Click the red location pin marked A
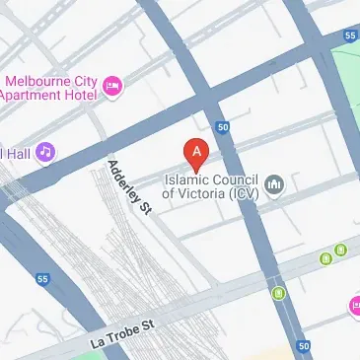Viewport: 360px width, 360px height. point(197,153)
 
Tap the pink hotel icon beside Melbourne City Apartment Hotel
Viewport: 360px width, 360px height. point(113,87)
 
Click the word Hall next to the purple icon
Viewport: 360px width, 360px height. point(17,153)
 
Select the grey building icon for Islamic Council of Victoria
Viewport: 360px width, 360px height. point(275,184)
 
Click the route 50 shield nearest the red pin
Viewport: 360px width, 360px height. point(224,127)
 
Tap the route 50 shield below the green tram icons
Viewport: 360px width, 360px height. point(303,346)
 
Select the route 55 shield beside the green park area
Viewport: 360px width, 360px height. point(351,36)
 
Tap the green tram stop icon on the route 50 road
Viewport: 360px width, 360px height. point(279,293)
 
